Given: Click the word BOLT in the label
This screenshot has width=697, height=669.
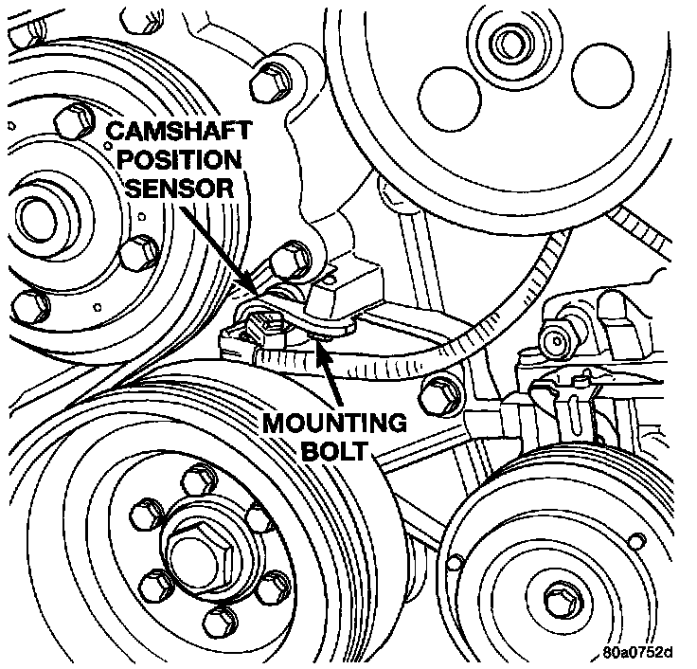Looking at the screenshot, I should point(332,449).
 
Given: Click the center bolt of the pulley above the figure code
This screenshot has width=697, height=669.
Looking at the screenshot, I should point(559,596).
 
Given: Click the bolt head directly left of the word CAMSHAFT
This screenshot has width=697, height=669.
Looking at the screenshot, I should point(72,123).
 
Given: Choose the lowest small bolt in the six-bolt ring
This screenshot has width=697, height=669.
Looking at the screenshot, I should point(217,621).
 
